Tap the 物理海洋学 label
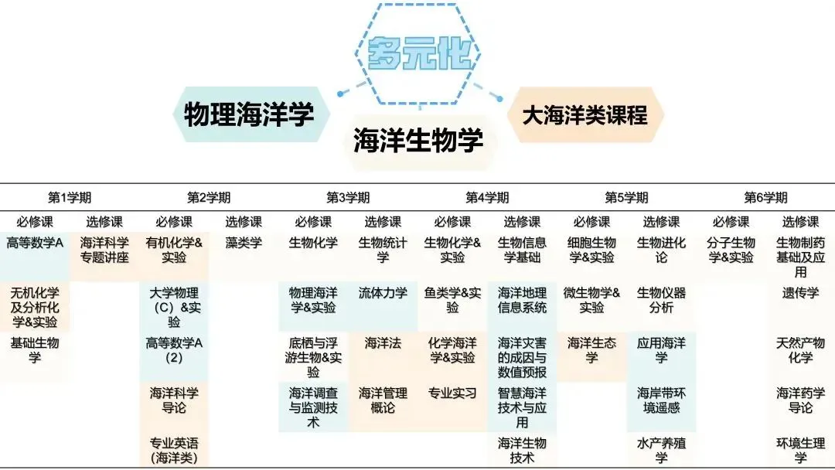249,115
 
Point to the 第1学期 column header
70,198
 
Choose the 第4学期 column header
487,198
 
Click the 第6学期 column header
765,198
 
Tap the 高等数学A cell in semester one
35,243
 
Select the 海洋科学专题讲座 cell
104,250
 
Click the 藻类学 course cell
244,243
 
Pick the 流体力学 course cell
383,294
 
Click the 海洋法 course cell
383,343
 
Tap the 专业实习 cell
452,393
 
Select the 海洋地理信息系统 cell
522,301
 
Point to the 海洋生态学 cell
591,350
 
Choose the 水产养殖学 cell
661,451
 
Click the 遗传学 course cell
800,294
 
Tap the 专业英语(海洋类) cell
174,451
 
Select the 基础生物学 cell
35,350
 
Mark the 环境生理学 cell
800,451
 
